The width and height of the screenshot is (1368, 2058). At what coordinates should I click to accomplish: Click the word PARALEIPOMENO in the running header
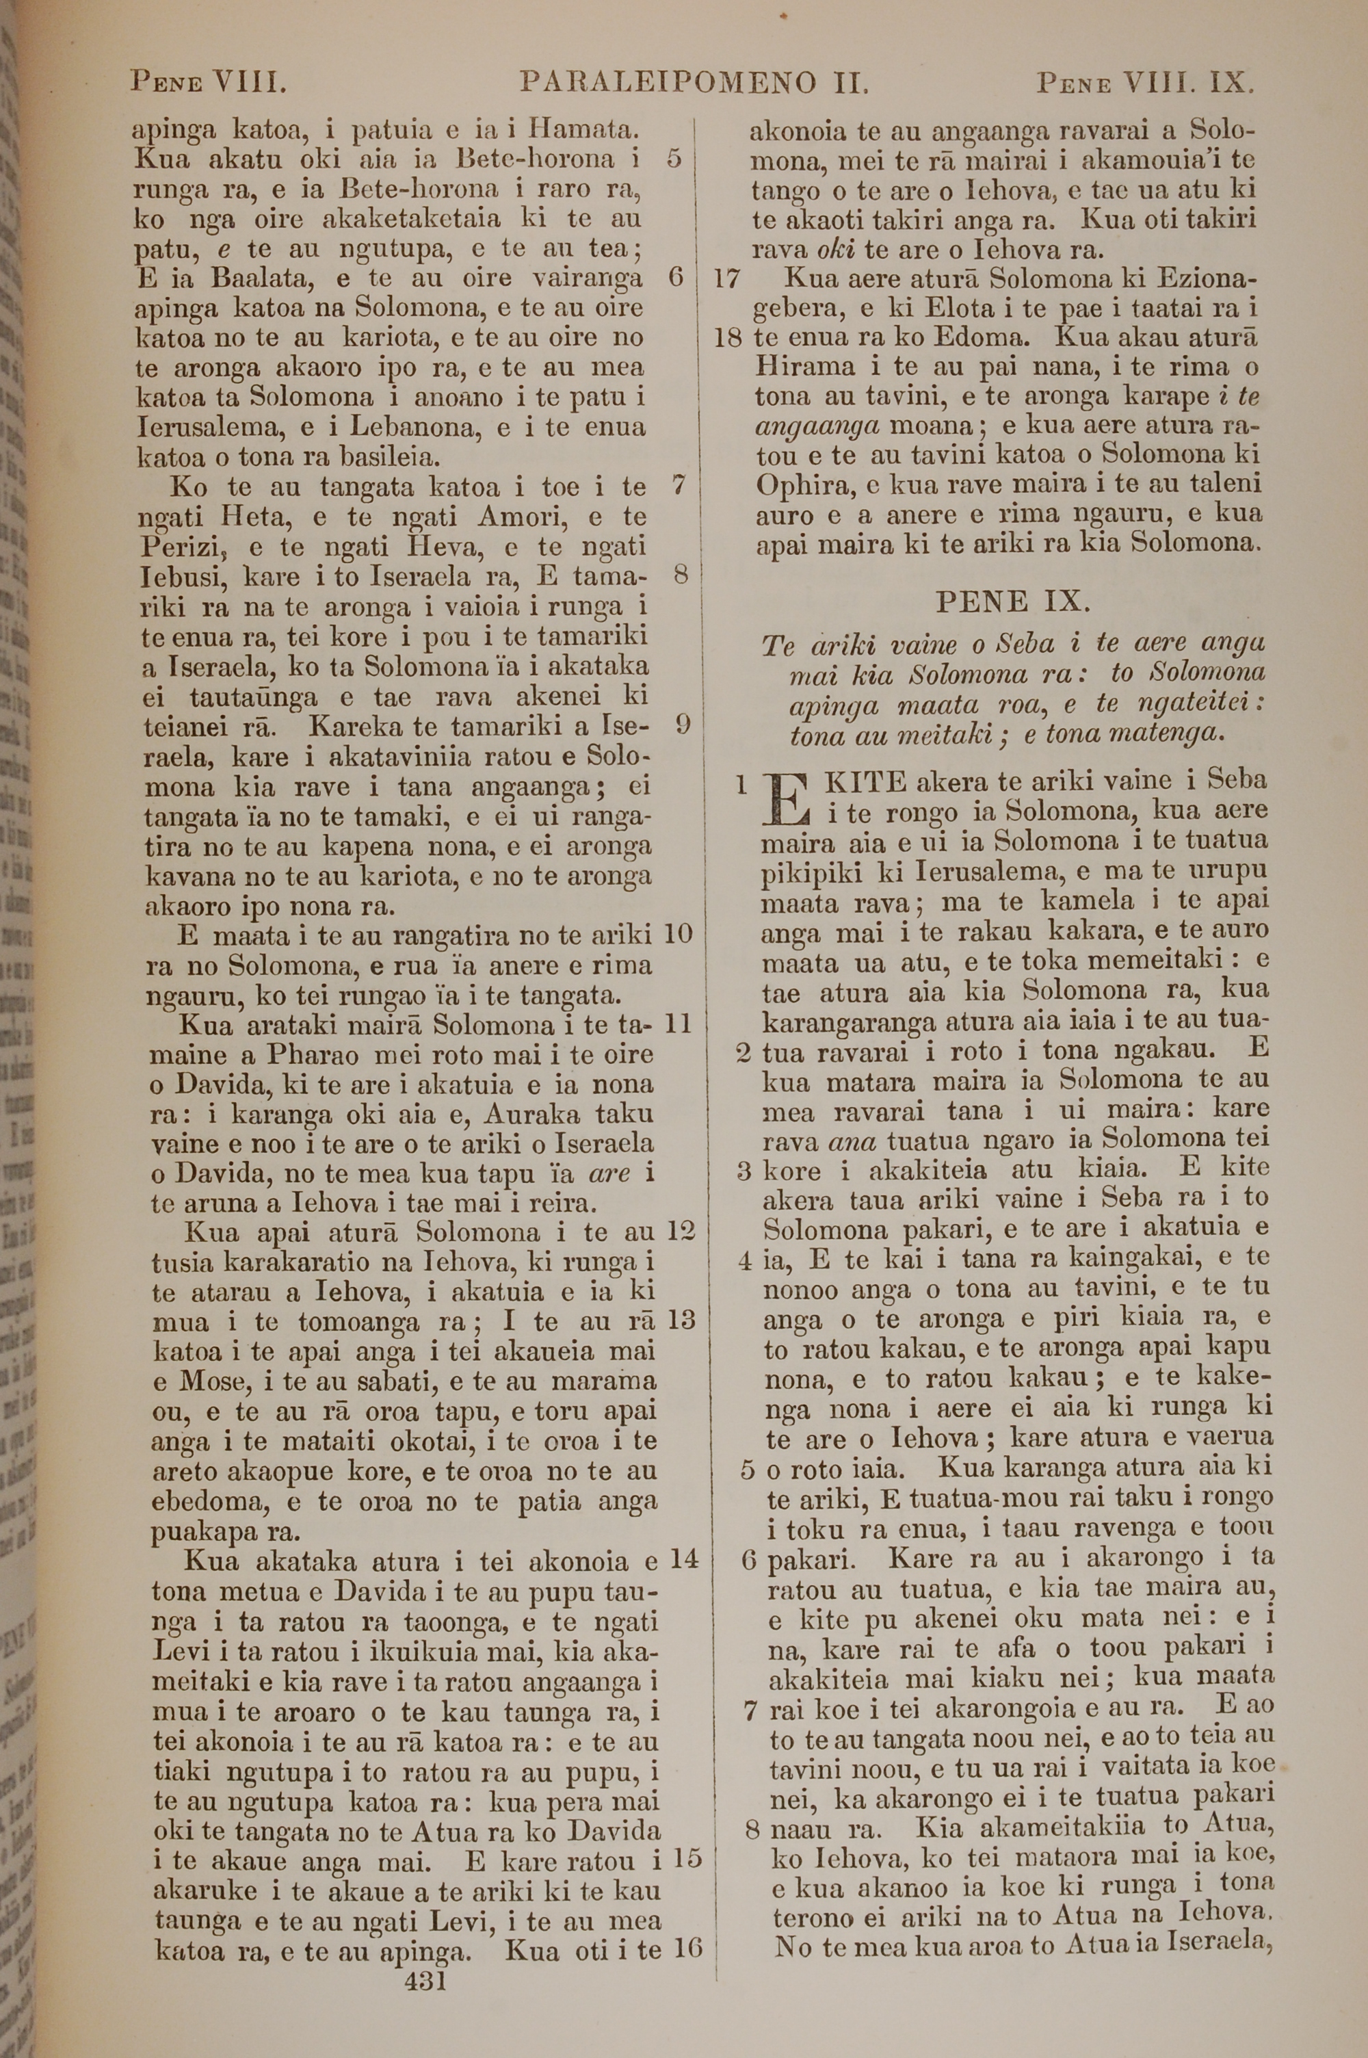[x=668, y=83]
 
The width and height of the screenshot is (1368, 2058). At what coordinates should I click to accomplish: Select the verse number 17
[x=726, y=279]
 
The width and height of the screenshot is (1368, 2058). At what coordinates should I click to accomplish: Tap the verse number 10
[x=677, y=935]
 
